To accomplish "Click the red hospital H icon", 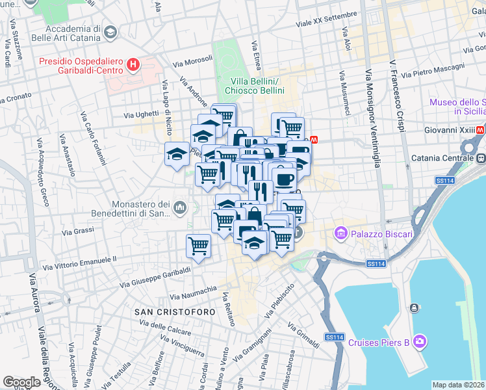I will pos(133,64).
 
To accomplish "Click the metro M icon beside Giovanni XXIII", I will pos(480,130).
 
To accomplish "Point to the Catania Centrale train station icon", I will pos(481,158).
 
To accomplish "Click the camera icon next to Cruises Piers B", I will pos(420,341).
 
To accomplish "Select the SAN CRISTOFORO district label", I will pos(175,313).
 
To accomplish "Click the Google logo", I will pos(21,382).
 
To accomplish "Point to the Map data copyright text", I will pos(458,385).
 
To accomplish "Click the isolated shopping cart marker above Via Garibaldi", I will pos(198,245).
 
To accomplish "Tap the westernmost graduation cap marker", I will pos(176,154).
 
